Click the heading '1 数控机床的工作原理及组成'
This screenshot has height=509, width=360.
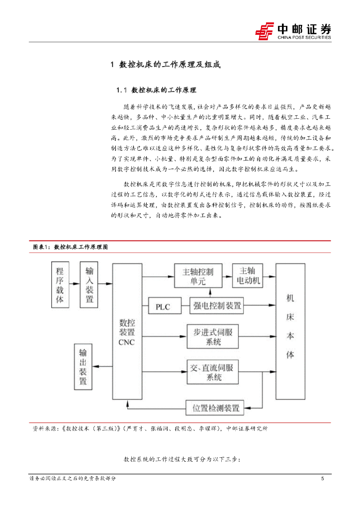(x=165, y=65)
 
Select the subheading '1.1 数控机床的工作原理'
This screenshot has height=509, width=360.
(x=156, y=90)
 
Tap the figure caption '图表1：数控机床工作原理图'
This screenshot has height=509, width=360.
(x=70, y=247)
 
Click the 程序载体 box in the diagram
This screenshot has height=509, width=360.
(x=60, y=285)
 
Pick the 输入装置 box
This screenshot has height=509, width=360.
(x=90, y=285)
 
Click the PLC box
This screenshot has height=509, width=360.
(x=163, y=307)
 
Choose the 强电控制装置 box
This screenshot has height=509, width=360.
(x=217, y=306)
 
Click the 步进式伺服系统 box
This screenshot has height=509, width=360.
(x=213, y=338)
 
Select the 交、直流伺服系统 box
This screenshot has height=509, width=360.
(x=213, y=372)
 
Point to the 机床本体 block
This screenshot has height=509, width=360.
(x=290, y=331)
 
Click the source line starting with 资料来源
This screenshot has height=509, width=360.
(x=149, y=428)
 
